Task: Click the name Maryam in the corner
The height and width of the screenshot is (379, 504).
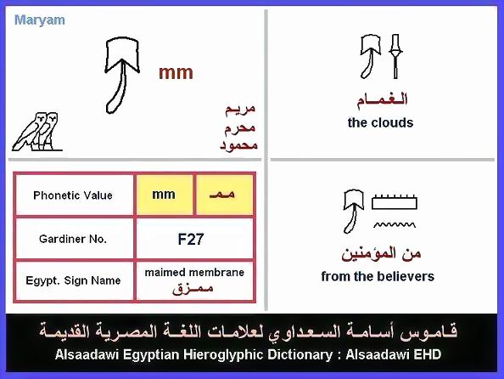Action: pyautogui.click(x=40, y=20)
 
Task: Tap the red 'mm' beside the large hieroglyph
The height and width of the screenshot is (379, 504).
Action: pyautogui.click(x=176, y=73)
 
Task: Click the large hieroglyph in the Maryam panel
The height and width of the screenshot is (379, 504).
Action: pyautogui.click(x=121, y=75)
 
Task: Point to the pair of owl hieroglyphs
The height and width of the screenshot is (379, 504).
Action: pyautogui.click(x=36, y=132)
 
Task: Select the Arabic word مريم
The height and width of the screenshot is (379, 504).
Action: pyautogui.click(x=240, y=110)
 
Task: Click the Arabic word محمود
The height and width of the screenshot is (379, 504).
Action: pyautogui.click(x=238, y=145)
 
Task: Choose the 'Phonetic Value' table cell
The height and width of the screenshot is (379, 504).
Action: pyautogui.click(x=73, y=195)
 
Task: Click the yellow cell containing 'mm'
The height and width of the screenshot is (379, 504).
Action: pyautogui.click(x=165, y=195)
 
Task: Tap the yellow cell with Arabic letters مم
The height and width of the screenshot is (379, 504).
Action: pyautogui.click(x=224, y=195)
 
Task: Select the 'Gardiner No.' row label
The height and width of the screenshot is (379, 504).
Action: pyautogui.click(x=73, y=239)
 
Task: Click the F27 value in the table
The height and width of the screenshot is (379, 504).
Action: pyautogui.click(x=191, y=240)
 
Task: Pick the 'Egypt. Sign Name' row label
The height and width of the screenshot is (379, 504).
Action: pyautogui.click(x=73, y=280)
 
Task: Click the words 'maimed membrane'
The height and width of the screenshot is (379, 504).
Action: pyautogui.click(x=194, y=273)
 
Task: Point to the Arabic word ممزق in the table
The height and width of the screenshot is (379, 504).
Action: pyautogui.click(x=193, y=287)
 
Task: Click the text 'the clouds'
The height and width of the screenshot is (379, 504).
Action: pyautogui.click(x=381, y=122)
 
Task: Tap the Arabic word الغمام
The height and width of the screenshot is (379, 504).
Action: pyautogui.click(x=382, y=99)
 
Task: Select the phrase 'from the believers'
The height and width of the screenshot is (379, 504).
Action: pyautogui.click(x=378, y=276)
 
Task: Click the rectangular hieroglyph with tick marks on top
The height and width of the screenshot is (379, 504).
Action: pyautogui.click(x=395, y=202)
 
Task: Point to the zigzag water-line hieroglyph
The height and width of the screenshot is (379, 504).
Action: pyautogui.click(x=395, y=224)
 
